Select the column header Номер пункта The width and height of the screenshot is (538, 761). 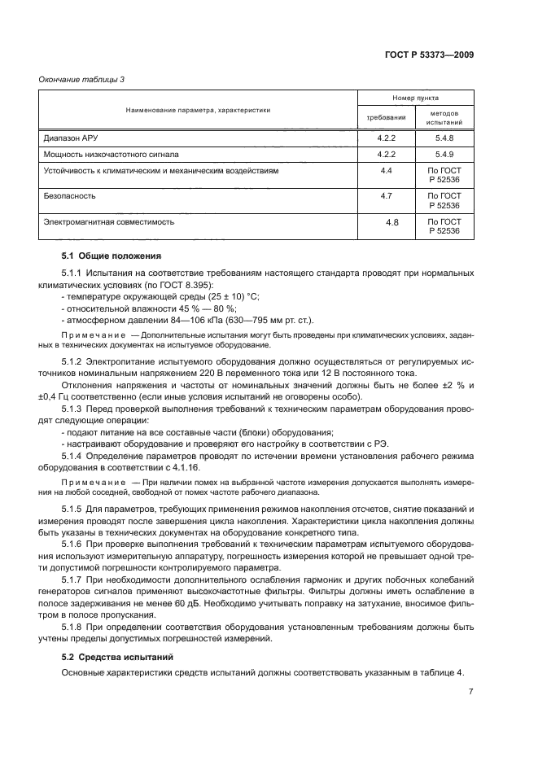[x=416, y=98]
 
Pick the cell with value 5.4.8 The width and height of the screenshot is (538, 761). [x=444, y=138]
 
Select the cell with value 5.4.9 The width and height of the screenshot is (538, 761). [x=444, y=154]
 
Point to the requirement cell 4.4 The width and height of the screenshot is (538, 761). [x=386, y=170]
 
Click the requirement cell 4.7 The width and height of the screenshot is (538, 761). [x=386, y=196]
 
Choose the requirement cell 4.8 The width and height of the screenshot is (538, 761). [x=391, y=221]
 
